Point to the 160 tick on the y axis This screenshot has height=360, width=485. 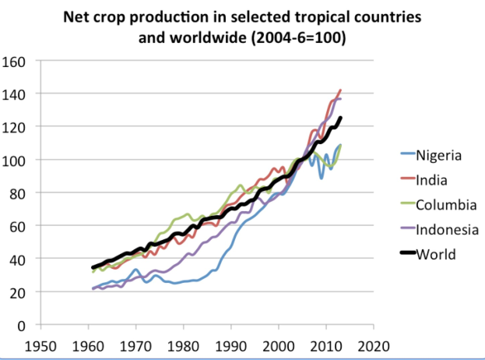coord(15,61)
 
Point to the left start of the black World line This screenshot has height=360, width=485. coord(93,268)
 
